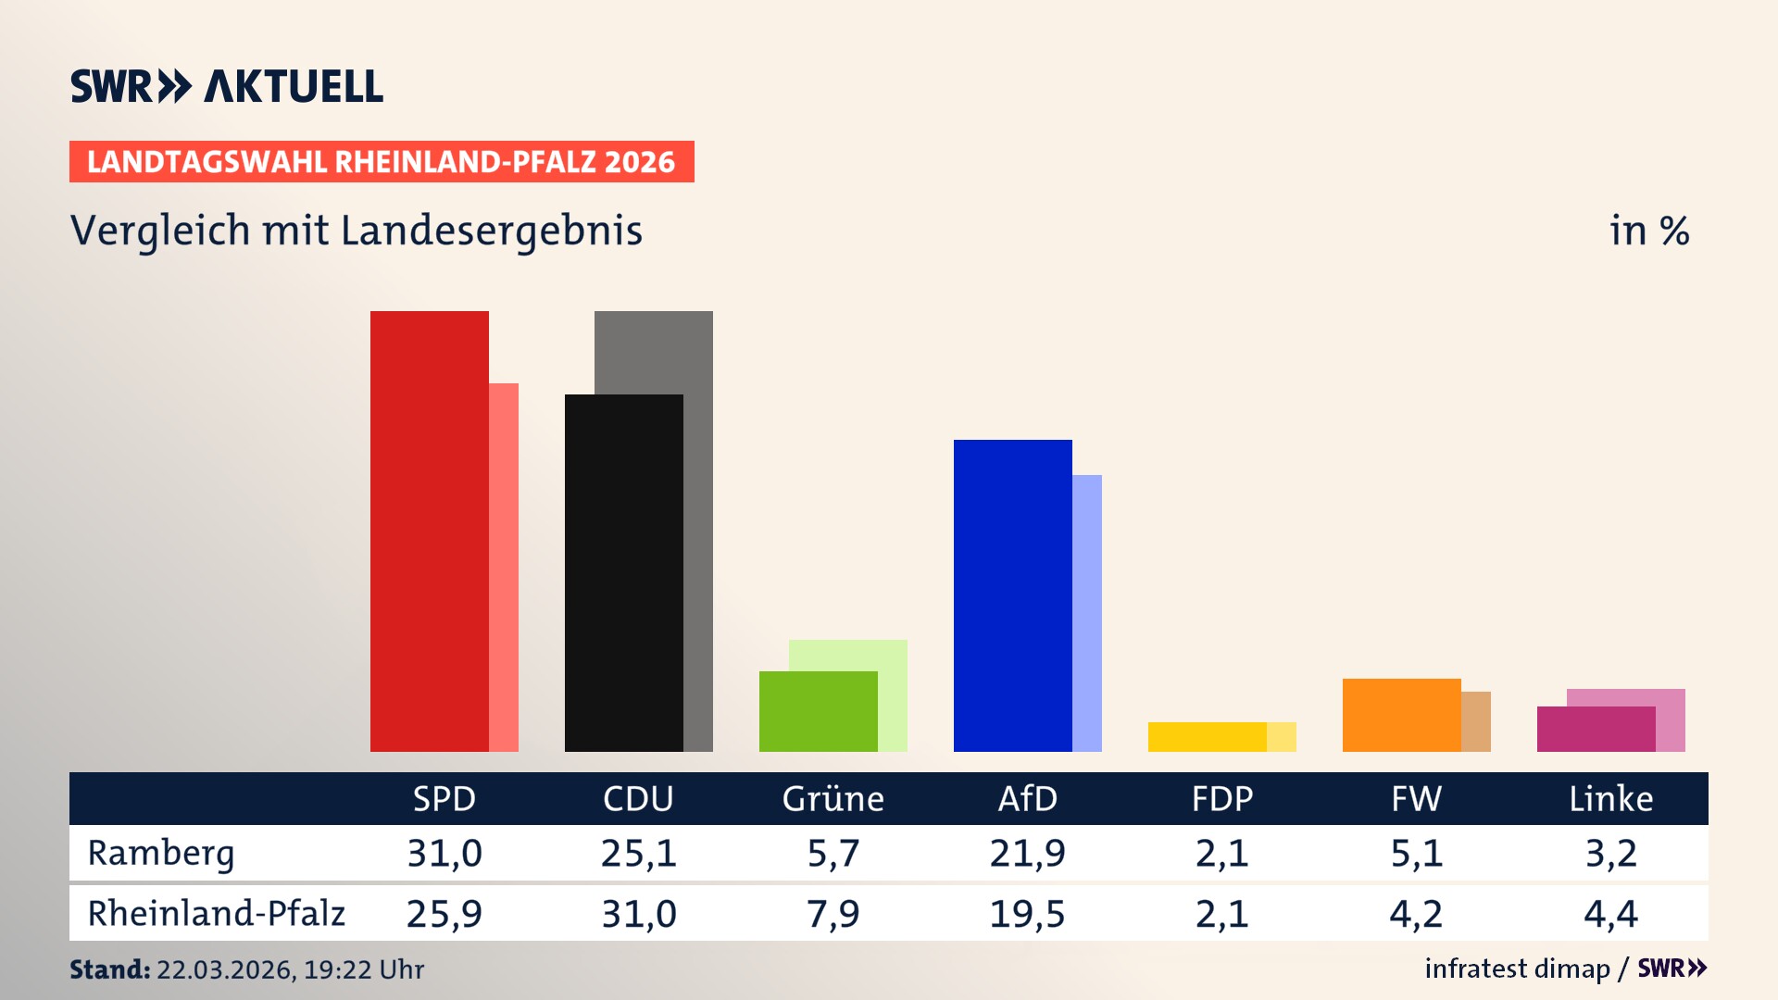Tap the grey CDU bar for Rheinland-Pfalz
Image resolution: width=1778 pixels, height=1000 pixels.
[x=698, y=528]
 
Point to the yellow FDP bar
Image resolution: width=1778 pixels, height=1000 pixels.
[x=1207, y=737]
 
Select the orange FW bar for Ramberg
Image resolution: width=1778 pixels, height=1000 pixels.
[x=1401, y=715]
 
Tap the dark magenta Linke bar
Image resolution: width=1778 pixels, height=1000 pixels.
[x=1596, y=729]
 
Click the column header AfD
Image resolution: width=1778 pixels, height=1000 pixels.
[x=1027, y=798]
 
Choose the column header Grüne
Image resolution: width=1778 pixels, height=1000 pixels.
[x=833, y=798]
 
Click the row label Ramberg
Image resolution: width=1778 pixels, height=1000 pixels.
[x=161, y=853]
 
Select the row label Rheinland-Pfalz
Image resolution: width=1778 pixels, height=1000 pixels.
[x=216, y=914]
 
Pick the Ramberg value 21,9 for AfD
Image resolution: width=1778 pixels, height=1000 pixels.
[x=1027, y=853]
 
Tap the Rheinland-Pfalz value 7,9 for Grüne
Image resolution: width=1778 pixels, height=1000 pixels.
[x=833, y=914]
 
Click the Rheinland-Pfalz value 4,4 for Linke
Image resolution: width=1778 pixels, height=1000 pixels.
[x=1610, y=914]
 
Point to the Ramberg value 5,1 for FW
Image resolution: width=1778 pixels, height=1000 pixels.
[x=1416, y=853]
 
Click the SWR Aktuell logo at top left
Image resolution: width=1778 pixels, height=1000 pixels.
[x=226, y=86]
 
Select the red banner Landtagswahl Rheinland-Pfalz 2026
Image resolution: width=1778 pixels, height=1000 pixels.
[x=382, y=162]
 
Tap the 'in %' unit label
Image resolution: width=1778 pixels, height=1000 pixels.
[x=1648, y=231]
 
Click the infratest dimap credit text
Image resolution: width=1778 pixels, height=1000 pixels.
[x=1516, y=969]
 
